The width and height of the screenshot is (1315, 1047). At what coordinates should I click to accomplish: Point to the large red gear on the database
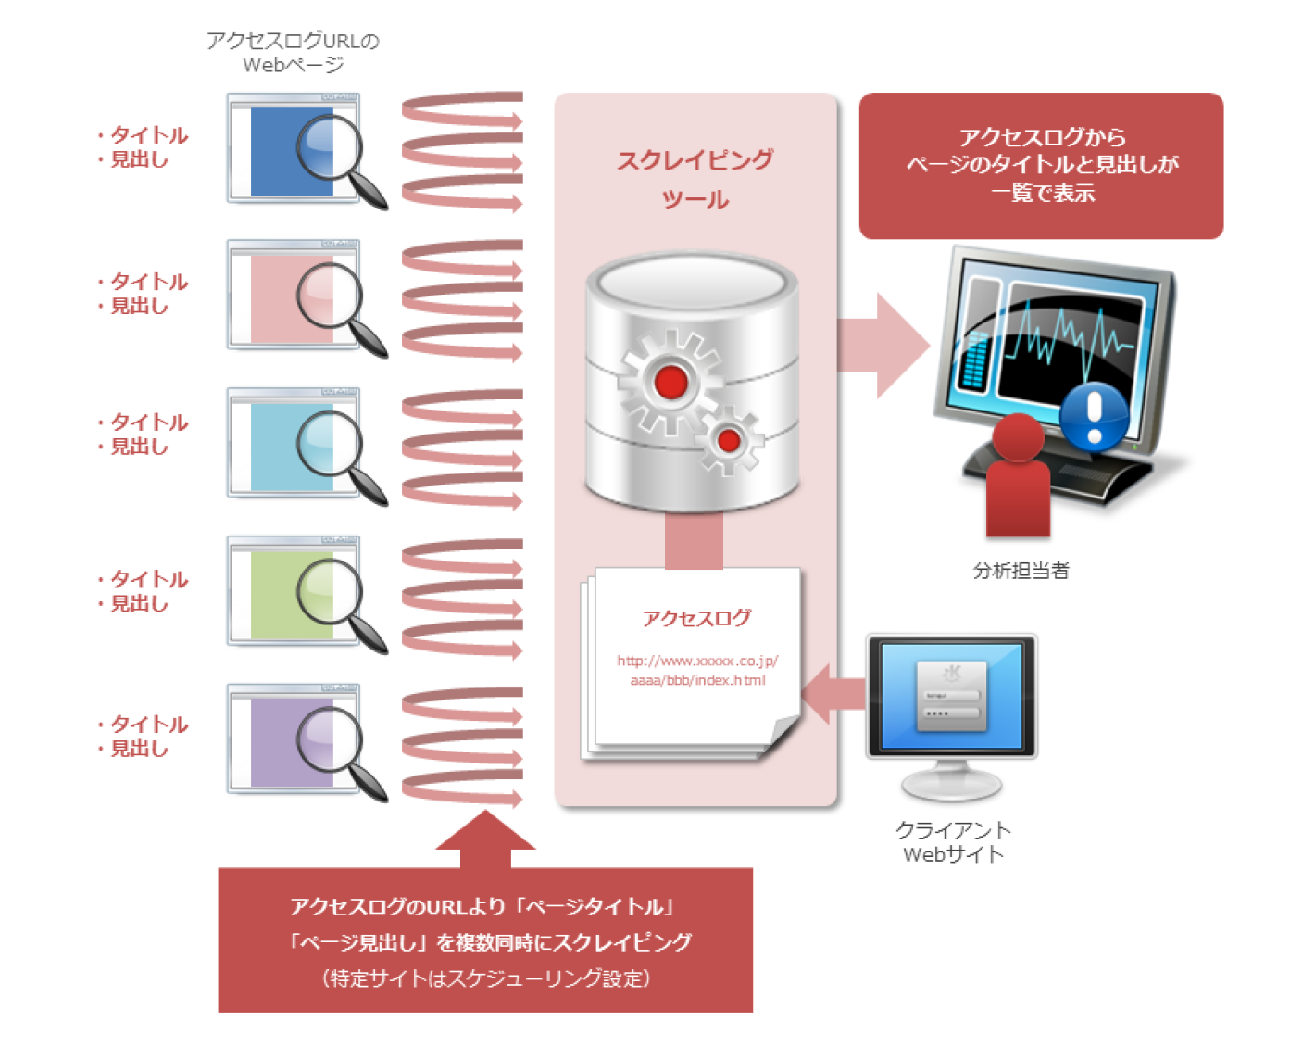[670, 381]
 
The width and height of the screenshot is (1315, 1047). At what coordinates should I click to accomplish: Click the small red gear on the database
[729, 440]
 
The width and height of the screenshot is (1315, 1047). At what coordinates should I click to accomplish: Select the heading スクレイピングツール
[695, 180]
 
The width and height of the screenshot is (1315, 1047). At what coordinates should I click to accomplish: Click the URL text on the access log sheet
[697, 670]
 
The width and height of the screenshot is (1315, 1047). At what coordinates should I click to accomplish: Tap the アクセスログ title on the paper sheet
[696, 618]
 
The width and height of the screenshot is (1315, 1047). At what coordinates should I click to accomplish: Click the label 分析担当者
[1021, 571]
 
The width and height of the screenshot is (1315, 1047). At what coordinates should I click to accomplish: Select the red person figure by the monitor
[1018, 477]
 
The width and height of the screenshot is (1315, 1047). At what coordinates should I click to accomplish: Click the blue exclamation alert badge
[1094, 414]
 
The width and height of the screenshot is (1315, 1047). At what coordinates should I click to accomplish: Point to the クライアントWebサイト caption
[953, 841]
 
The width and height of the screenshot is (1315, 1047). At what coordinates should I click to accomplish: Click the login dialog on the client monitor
[951, 696]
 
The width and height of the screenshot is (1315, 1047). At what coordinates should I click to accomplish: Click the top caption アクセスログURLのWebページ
[293, 53]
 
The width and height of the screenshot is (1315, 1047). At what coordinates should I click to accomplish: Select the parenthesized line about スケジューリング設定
[485, 978]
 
